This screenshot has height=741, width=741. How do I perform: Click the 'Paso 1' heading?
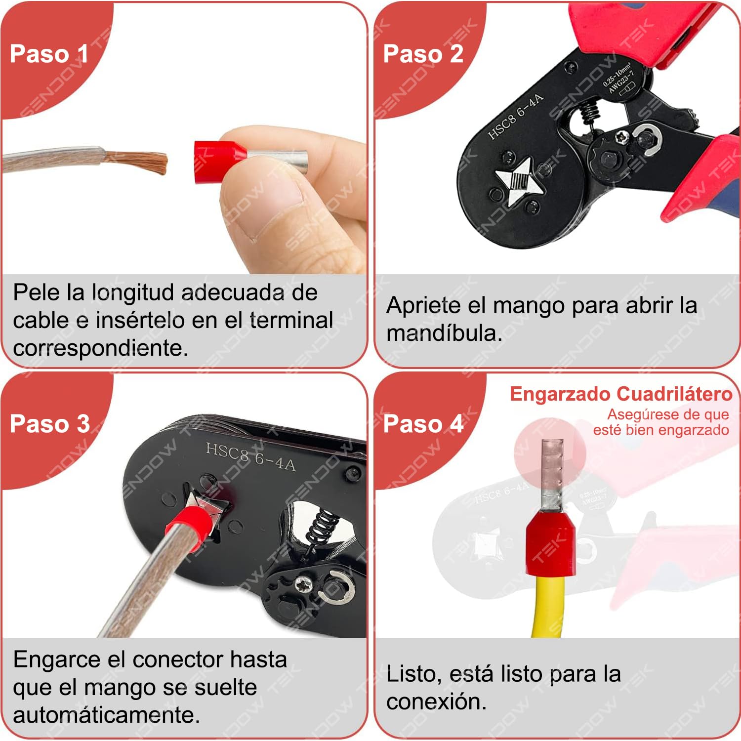(49, 54)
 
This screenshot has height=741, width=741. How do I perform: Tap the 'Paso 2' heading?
(423, 54)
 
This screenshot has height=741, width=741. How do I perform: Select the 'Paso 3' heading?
(49, 424)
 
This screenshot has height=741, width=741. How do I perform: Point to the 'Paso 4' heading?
(423, 424)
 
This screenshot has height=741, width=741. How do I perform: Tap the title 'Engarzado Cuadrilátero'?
(620, 394)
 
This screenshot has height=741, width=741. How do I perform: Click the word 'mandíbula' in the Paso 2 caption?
(443, 333)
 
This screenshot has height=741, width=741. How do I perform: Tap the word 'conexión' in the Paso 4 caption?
(436, 701)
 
